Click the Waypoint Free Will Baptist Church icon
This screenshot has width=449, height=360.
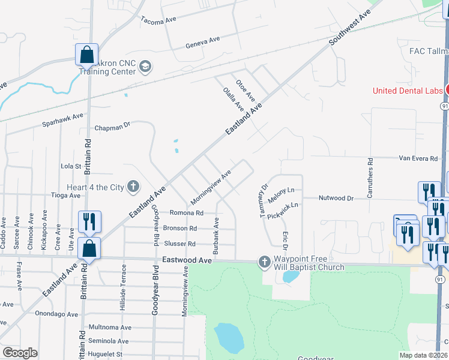(264, 261)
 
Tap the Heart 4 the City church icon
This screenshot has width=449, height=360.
(133, 187)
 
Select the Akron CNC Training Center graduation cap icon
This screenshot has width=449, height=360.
(145, 66)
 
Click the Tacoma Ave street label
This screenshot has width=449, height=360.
(158, 19)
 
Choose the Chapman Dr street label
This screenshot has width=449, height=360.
(112, 127)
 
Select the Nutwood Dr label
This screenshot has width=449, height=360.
(337, 197)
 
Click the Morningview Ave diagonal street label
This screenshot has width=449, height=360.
(211, 187)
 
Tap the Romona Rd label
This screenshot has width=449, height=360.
(187, 212)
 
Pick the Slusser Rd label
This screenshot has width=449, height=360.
(179, 244)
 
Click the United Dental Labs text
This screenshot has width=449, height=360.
(408, 91)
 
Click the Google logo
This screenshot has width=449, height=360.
(20, 353)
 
